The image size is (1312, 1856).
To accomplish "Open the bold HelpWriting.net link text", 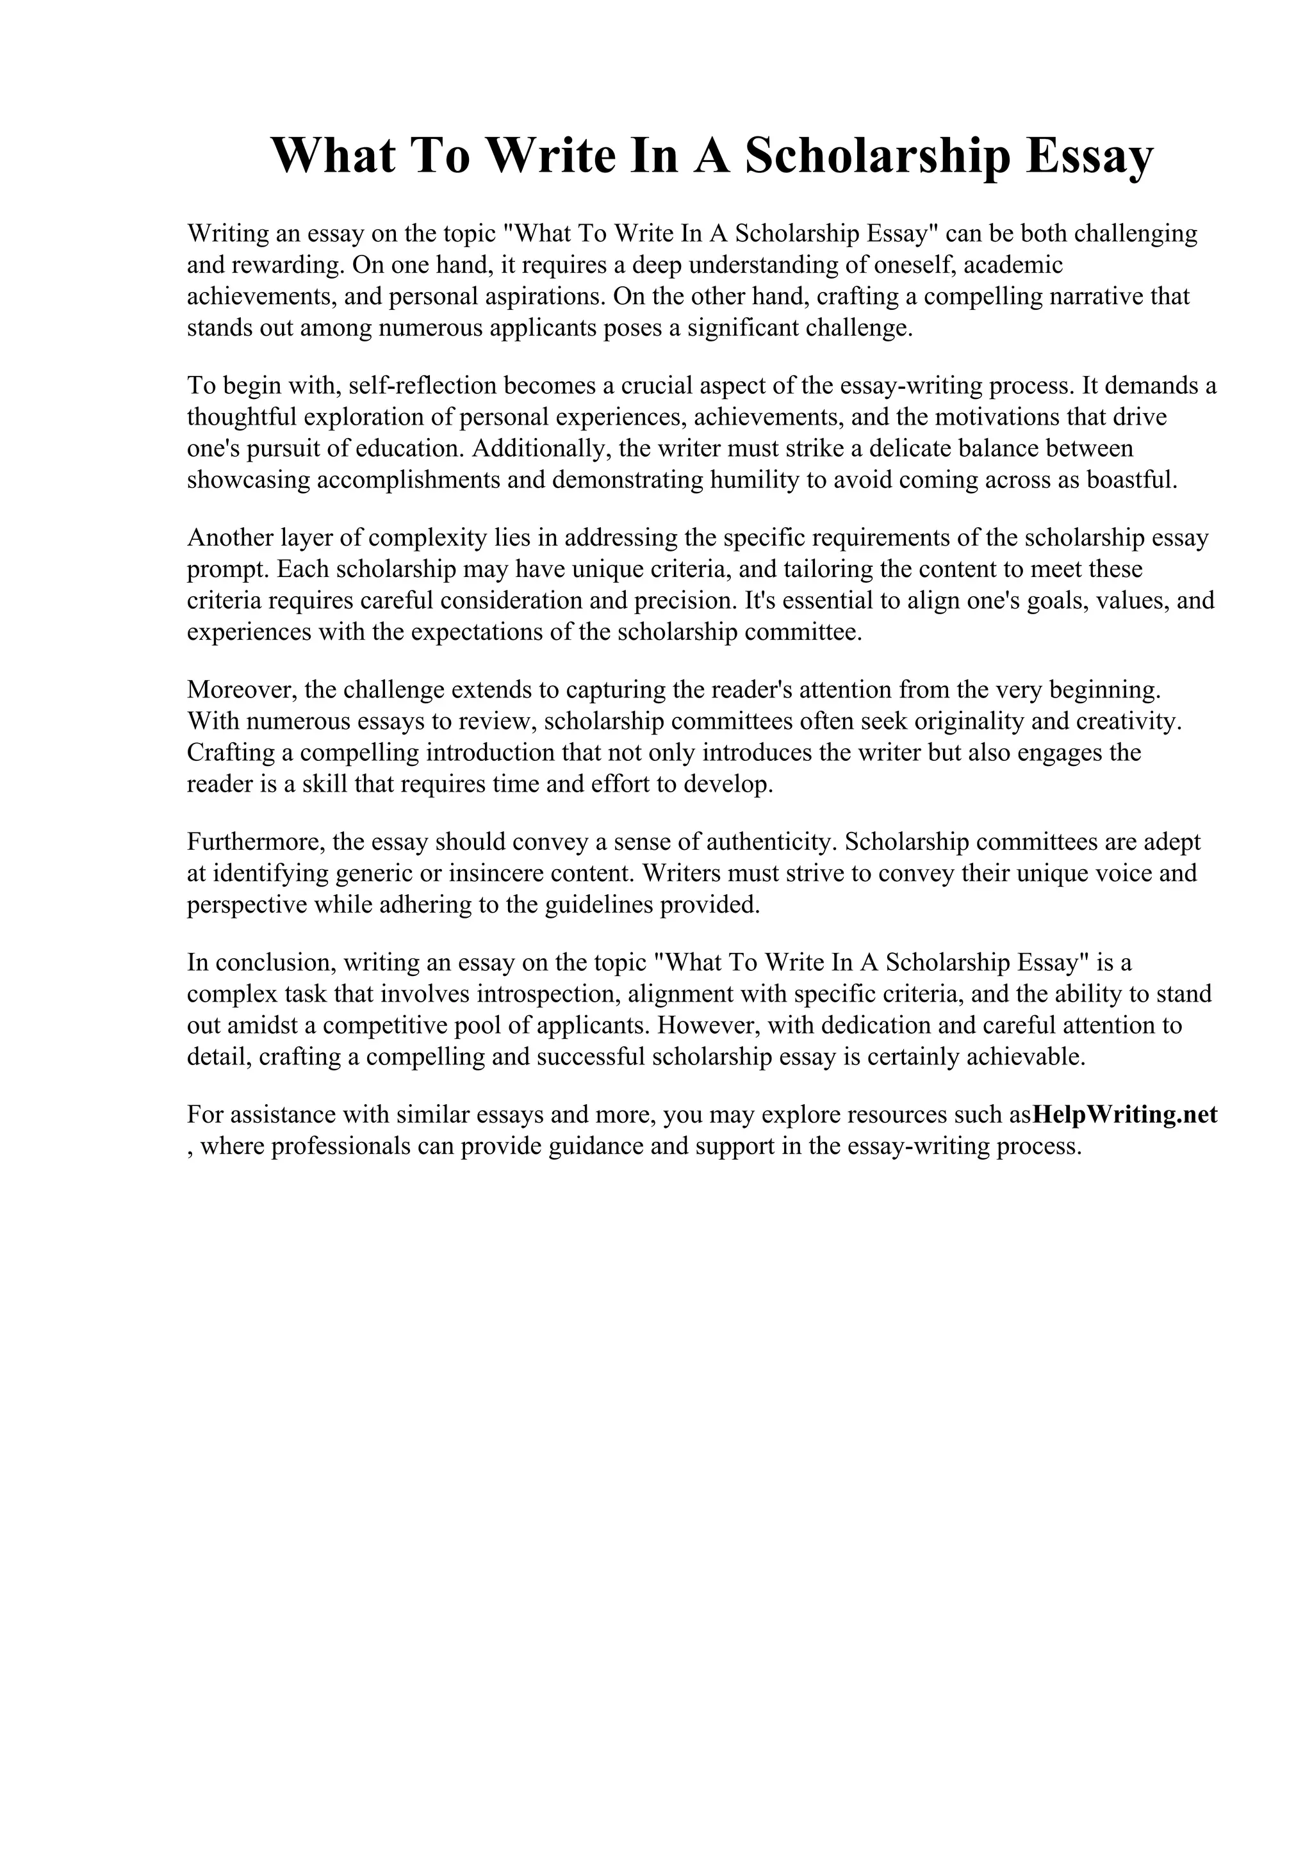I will click(x=1126, y=1115).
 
